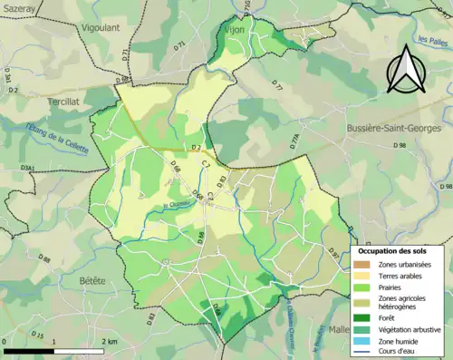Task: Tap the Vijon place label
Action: (x=234, y=29)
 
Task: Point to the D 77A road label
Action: (x=293, y=140)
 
